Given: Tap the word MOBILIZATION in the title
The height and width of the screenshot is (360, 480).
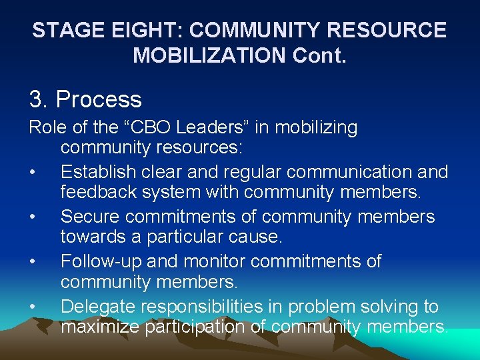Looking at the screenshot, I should coord(209,55).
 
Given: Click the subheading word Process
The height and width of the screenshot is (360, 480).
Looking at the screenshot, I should coord(99,100).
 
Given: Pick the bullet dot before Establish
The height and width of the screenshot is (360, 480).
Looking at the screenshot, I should coord(33,172).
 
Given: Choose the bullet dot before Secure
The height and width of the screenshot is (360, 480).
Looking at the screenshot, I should coord(33,217).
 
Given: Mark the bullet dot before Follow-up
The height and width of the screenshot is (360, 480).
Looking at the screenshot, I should coord(33,262).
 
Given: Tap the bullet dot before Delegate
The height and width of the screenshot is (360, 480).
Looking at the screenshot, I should coord(33,307).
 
